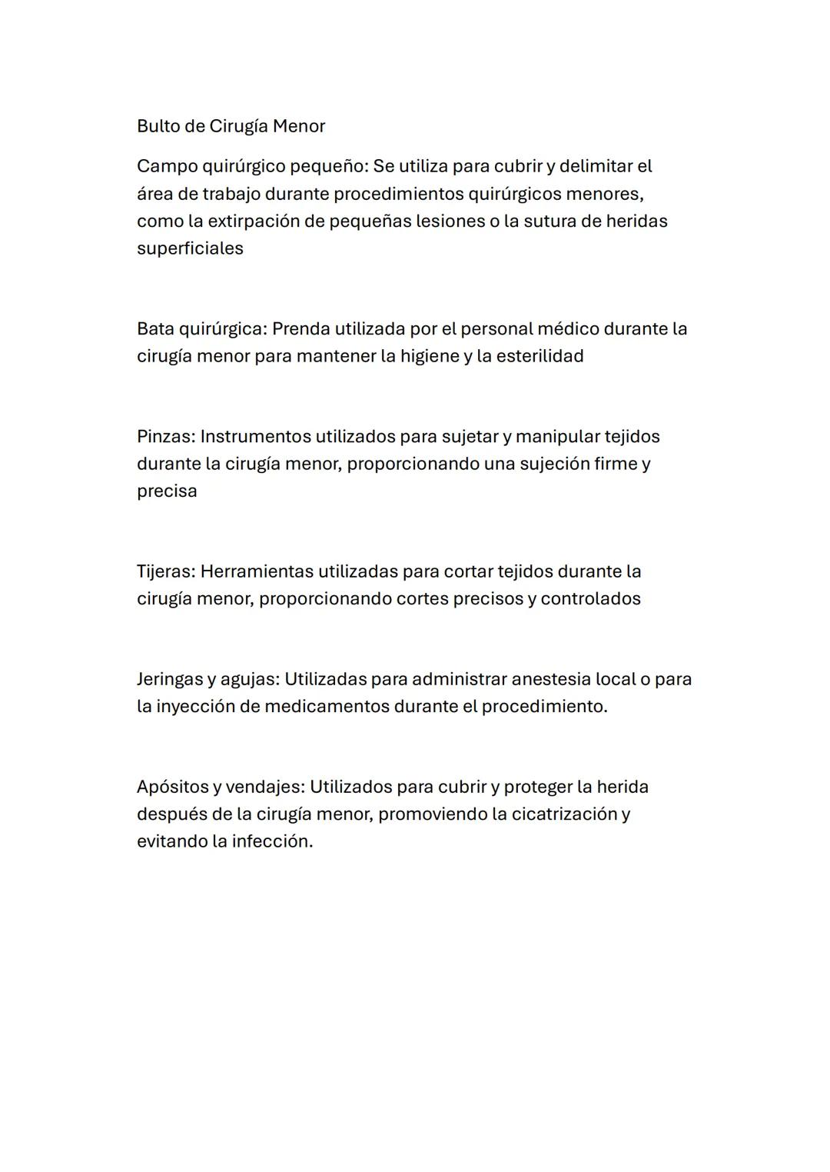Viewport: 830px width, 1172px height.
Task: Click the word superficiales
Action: pyautogui.click(x=190, y=248)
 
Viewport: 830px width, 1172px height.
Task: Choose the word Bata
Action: pyautogui.click(x=155, y=329)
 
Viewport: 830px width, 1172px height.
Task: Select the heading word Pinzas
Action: pyautogui.click(x=165, y=437)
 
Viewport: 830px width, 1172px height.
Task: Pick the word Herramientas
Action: pyautogui.click(x=257, y=571)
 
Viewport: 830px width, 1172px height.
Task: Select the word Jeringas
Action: pyautogui.click(x=170, y=679)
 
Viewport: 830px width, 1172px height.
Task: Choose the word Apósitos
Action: pyautogui.click(x=172, y=787)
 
